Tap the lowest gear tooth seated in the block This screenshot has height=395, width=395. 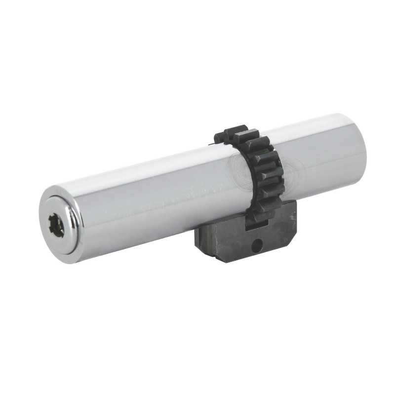257,217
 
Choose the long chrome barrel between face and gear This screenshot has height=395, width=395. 148,197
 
